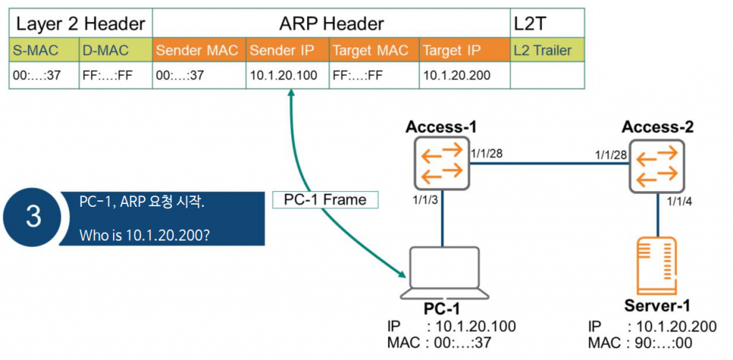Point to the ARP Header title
[331, 23]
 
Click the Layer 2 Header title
[80, 23]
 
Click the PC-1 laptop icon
[443, 273]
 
